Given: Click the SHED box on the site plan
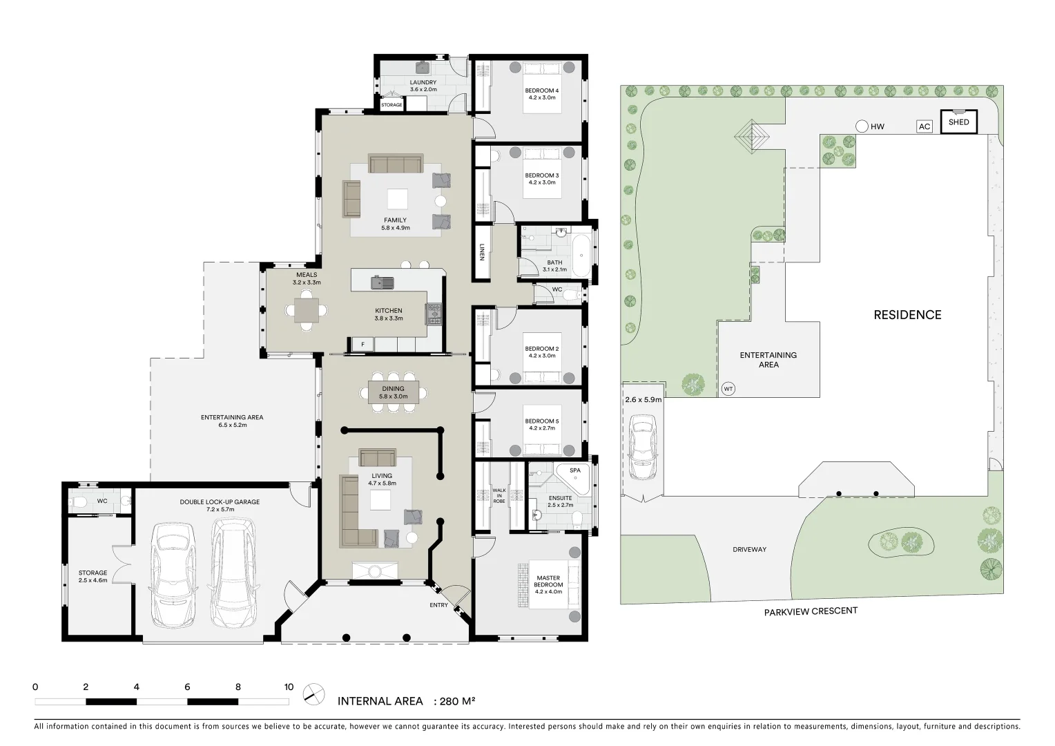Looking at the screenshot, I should point(958,122).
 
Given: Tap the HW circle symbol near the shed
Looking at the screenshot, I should point(862,126).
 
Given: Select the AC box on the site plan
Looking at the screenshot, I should point(925,126).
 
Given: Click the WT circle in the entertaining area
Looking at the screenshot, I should point(728,389).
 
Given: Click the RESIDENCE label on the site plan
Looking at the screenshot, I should point(907,315).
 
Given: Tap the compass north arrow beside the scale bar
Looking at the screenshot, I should point(314,694).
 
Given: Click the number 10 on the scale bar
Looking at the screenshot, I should point(289,687).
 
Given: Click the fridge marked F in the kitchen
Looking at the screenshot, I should point(362,344).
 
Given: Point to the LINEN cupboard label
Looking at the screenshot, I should point(482,252).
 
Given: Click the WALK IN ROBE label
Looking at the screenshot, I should point(499,495).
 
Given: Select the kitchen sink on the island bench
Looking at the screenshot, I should point(382,282).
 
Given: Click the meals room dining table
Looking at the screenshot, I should point(307,309).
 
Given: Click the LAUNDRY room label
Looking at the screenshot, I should point(423,86).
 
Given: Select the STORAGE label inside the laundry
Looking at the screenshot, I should point(391,105).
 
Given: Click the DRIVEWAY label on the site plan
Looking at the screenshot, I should point(749,550).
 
